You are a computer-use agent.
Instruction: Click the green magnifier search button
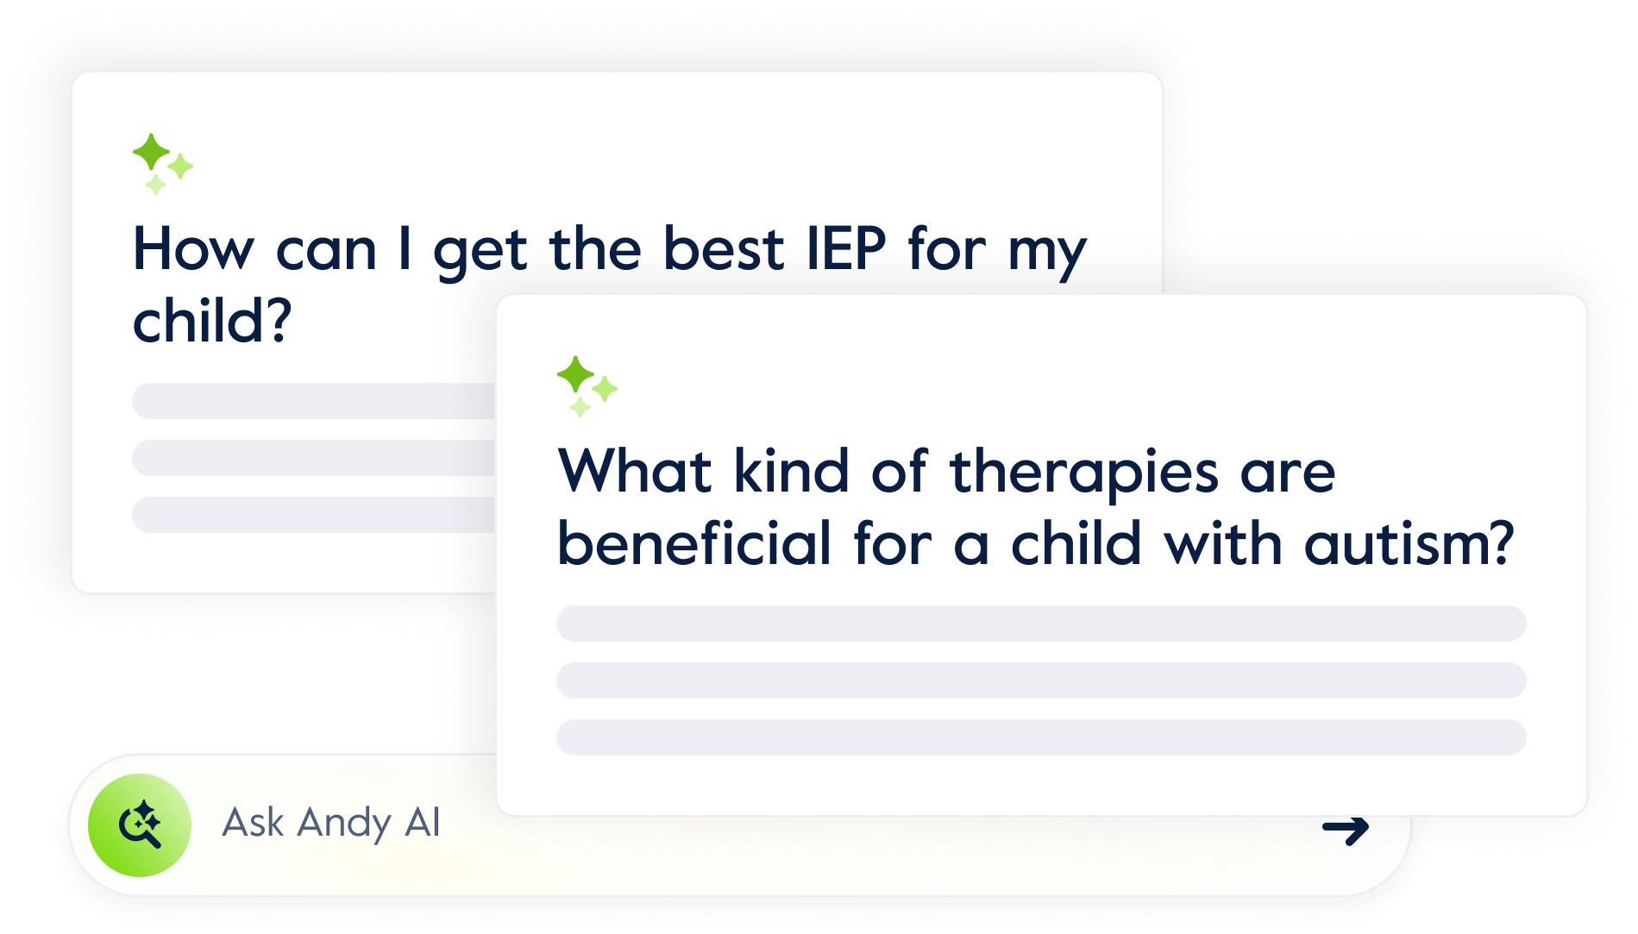pos(140,825)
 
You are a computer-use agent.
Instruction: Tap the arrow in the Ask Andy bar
pos(1346,830)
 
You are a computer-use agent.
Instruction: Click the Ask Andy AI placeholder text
pos(331,823)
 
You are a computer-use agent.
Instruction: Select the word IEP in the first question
pos(846,249)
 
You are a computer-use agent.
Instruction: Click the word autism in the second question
pos(1409,544)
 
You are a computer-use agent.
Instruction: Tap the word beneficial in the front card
pos(694,544)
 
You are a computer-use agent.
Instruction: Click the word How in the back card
pos(194,249)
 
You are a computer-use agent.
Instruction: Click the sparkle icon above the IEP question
pos(162,164)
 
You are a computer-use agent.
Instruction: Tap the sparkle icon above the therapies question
pos(587,386)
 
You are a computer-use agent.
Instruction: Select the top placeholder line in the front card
pos(1041,624)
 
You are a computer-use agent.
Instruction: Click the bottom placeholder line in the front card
pos(1041,737)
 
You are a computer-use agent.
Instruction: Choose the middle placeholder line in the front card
pos(1041,680)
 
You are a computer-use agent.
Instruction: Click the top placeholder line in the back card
pos(314,401)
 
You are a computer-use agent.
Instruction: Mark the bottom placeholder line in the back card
pos(314,515)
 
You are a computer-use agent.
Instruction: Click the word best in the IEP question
pos(724,249)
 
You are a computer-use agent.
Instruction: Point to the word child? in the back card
pos(212,321)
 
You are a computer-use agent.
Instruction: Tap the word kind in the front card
pos(792,472)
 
